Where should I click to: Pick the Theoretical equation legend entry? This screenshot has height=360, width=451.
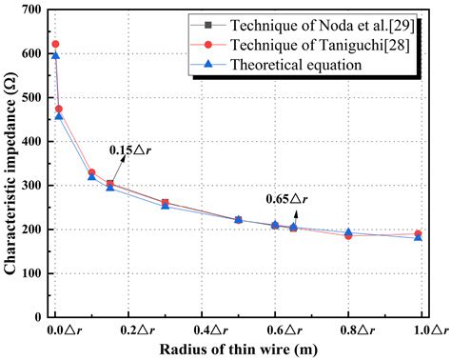coord(315,66)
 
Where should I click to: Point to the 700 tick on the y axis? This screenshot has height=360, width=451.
coord(33,10)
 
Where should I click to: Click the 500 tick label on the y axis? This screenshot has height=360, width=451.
coord(33,97)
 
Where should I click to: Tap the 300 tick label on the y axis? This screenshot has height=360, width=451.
coord(33,186)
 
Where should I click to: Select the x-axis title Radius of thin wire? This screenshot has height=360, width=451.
coord(238,350)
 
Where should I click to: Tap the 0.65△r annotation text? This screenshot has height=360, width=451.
coord(285,198)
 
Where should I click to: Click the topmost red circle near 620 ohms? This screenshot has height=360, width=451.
coord(55,44)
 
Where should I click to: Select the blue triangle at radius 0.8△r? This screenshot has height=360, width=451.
coord(348,232)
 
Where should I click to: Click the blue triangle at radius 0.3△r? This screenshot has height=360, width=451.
coord(166,206)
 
